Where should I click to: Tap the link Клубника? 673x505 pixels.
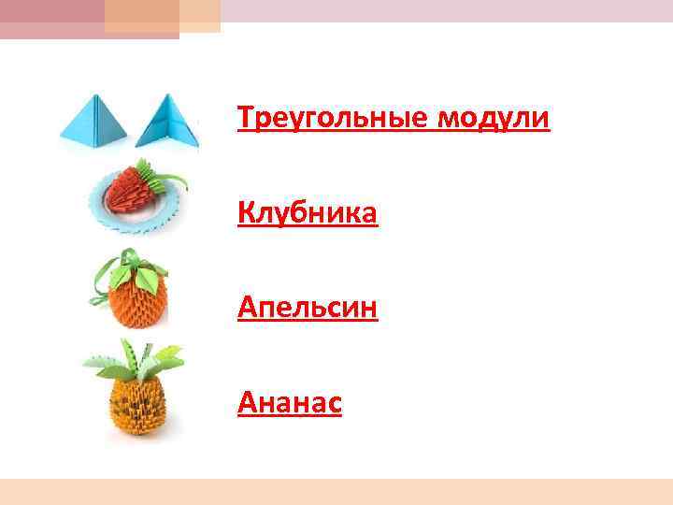point(308,214)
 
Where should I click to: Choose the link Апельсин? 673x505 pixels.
point(308,307)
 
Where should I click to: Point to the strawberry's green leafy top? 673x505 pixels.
point(168,178)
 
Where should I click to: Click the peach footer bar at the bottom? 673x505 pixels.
point(336,492)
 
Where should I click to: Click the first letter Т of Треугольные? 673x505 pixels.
point(245,120)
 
